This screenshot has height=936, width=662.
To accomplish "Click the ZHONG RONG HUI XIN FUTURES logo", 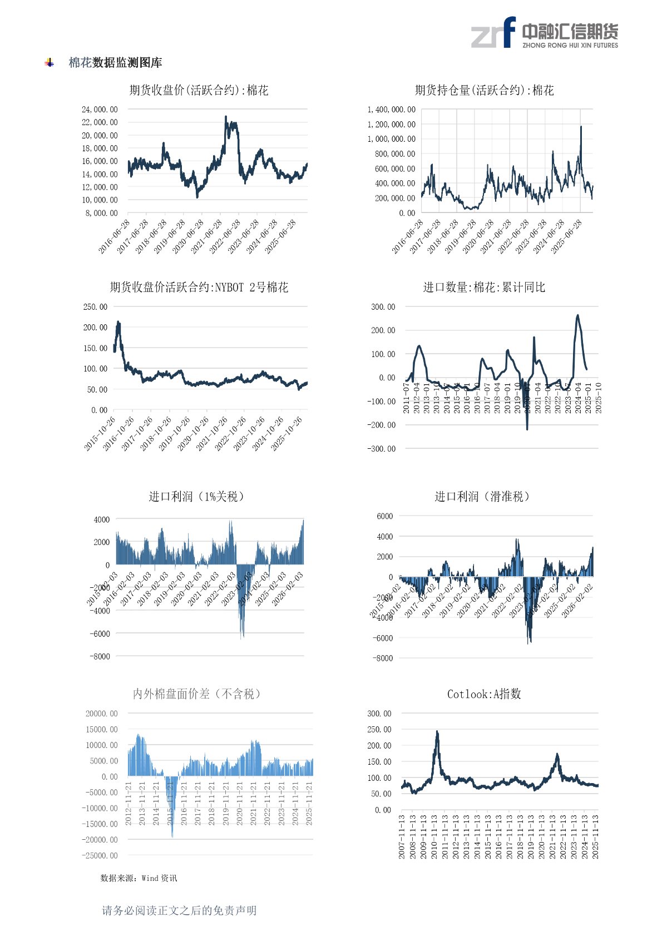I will tap(544, 33).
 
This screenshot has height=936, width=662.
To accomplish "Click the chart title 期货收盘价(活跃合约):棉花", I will tap(199, 90).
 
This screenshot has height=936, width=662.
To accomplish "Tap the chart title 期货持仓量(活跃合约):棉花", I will tap(484, 90).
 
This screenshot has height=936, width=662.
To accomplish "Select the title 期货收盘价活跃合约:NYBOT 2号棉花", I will tap(199, 287).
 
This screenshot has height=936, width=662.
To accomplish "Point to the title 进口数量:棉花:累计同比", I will tap(484, 287).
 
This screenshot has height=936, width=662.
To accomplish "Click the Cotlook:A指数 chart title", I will tap(484, 694).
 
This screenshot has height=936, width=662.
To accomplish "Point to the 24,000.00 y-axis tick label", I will tap(100, 110).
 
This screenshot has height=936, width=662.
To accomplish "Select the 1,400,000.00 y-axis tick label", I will tap(391, 110).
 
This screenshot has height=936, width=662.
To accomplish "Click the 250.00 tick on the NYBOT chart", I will tap(96, 306).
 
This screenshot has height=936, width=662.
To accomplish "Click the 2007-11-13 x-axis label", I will tap(402, 837).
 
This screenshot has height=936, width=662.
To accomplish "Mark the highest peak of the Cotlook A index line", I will tap(437, 732).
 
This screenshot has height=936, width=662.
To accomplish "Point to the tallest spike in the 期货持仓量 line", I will tap(581, 127).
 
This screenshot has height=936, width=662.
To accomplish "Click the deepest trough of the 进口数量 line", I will tap(527, 428).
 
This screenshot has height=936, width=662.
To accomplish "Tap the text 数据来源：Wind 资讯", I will tap(139, 878).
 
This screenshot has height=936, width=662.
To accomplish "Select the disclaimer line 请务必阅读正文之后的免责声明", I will tap(179, 910).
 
